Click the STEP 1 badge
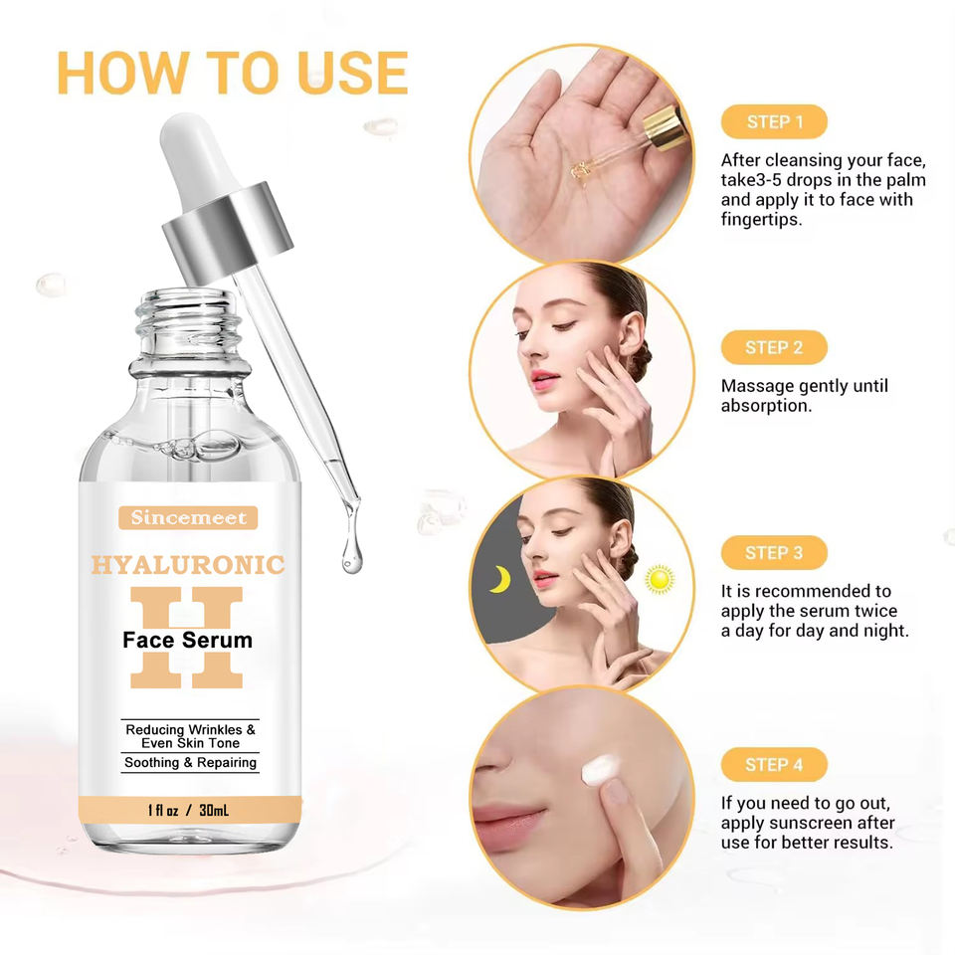[774, 121]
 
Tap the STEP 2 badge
[774, 348]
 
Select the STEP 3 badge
[774, 553]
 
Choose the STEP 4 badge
[774, 764]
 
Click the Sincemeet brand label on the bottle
[188, 517]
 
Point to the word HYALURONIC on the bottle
[188, 565]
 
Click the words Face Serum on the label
[188, 640]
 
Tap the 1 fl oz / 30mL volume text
[188, 810]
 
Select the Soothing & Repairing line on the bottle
[190, 763]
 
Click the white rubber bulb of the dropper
[196, 160]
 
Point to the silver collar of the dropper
[227, 233]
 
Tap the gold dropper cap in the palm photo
[666, 127]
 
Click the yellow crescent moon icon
[501, 579]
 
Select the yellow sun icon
[660, 579]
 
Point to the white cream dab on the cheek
[600, 769]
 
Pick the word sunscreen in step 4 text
[807, 823]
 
